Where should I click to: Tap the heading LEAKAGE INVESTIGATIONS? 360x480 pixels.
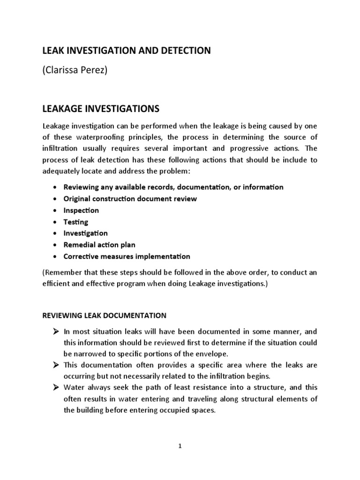pyautogui.click(x=101, y=109)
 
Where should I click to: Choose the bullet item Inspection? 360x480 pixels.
pyautogui.click(x=81, y=210)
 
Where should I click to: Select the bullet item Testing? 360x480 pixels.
pyautogui.click(x=75, y=222)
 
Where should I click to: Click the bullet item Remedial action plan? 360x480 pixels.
pyautogui.click(x=99, y=245)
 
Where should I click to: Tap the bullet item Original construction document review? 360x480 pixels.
pyautogui.click(x=130, y=199)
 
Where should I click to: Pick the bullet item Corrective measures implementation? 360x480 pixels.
pyautogui.click(x=127, y=256)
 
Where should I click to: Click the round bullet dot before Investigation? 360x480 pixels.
pyautogui.click(x=55, y=233)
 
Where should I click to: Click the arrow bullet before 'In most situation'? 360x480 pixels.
pyautogui.click(x=55, y=332)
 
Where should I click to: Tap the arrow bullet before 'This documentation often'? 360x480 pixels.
pyautogui.click(x=55, y=365)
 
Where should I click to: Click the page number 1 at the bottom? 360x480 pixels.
pyautogui.click(x=180, y=447)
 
